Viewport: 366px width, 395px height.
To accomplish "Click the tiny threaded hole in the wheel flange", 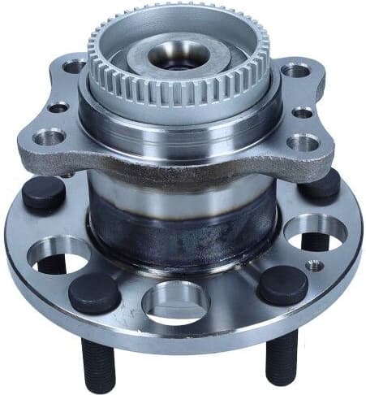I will pyautogui.click(x=312, y=264).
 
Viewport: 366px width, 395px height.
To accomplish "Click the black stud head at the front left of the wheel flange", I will pyautogui.click(x=94, y=293).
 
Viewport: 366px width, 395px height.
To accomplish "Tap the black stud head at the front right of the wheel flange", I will pyautogui.click(x=282, y=285).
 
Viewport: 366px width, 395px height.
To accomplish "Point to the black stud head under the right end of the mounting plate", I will pyautogui.click(x=322, y=186).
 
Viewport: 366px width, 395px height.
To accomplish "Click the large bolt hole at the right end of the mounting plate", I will pyautogui.click(x=303, y=141).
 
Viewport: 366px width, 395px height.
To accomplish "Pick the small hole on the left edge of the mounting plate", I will pyautogui.click(x=58, y=107).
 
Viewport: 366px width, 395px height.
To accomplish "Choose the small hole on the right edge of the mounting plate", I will pyautogui.click(x=303, y=113).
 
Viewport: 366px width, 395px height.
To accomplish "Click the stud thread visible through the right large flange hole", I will pyautogui.click(x=317, y=240).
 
